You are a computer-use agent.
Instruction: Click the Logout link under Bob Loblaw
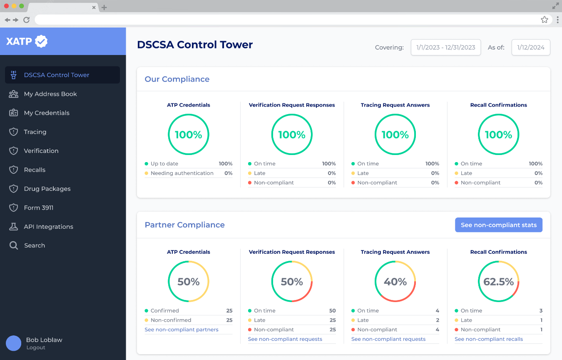(36, 347)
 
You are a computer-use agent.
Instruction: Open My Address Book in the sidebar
(50, 94)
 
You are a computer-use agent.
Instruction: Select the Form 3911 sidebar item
(39, 208)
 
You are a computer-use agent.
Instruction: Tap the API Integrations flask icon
(14, 227)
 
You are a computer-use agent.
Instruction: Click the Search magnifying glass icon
(14, 245)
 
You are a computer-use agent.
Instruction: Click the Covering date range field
(445, 47)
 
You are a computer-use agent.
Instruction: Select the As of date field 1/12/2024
(530, 47)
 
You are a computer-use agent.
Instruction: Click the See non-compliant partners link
(182, 330)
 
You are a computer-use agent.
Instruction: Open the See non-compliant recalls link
(489, 339)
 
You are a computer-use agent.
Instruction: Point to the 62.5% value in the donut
(498, 282)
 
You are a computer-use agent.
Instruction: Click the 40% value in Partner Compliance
(395, 282)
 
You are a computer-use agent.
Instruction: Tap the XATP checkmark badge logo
(41, 41)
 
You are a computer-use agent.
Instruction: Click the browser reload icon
(27, 20)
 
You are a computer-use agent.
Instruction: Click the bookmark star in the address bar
(544, 20)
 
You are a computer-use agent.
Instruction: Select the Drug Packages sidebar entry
(47, 189)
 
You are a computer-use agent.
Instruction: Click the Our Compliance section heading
(177, 79)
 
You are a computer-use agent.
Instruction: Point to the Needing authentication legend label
(182, 173)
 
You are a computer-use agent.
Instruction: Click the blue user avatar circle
(13, 343)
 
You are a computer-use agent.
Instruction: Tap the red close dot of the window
(6, 6)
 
